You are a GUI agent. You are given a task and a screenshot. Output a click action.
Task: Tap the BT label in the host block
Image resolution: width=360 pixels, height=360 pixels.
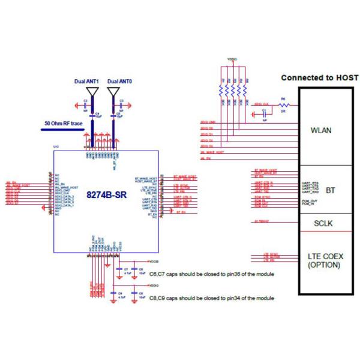click(x=330, y=190)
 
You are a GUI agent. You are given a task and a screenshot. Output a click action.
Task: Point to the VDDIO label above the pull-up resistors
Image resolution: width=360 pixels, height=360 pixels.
click(x=232, y=60)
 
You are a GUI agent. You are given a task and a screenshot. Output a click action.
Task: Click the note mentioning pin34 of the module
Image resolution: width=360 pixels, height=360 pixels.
click(x=212, y=298)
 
